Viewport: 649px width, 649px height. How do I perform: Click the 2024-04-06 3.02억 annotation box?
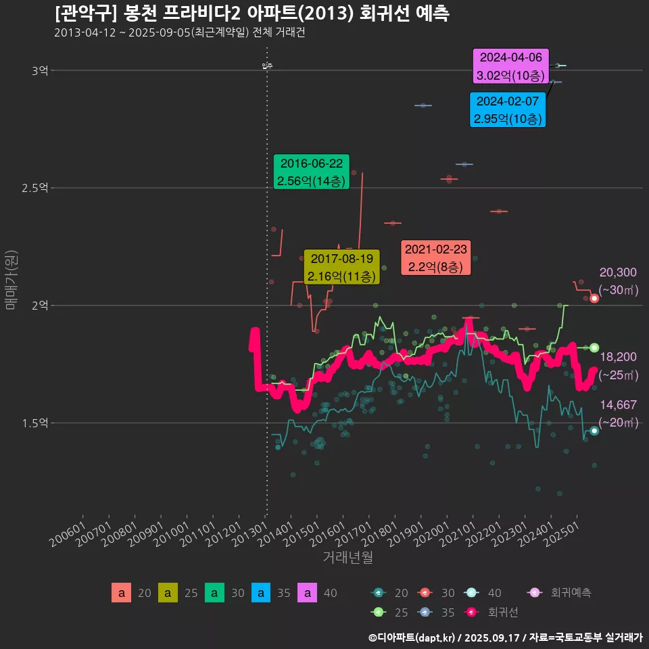[510, 66]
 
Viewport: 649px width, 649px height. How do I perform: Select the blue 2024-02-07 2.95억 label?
[507, 110]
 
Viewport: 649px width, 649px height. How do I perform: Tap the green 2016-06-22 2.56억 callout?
[311, 172]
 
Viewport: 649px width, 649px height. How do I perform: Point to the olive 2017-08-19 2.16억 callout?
[342, 267]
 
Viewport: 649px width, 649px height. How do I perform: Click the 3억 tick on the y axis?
[39, 70]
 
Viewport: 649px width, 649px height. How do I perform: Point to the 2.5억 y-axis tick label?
[35, 188]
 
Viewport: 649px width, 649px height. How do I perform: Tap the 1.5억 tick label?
[35, 423]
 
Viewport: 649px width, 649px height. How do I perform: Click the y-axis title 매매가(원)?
[10, 280]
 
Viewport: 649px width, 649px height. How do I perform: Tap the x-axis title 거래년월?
[348, 558]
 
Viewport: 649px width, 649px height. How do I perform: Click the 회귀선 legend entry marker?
[472, 612]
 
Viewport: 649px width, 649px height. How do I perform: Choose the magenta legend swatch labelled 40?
[308, 593]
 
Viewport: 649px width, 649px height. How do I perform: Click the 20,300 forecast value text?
[617, 272]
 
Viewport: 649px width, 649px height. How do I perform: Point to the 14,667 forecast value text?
[617, 405]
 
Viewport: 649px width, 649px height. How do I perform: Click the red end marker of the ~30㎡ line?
[594, 298]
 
